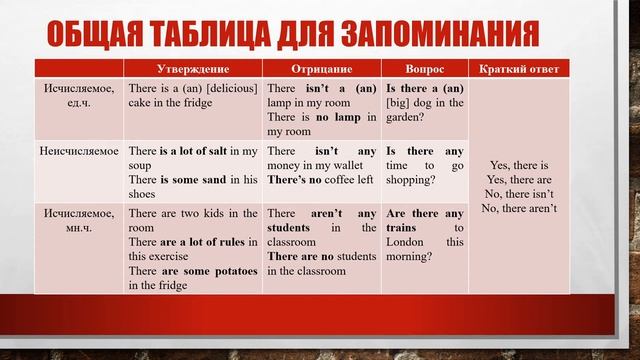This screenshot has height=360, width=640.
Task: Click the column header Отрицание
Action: [x=321, y=69]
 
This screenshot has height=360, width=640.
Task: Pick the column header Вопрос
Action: [x=424, y=69]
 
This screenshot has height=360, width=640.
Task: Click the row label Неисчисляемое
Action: [x=79, y=151]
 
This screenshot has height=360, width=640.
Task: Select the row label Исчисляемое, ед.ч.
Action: [x=79, y=95]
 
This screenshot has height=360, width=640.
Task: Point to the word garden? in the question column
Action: [x=407, y=117]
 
